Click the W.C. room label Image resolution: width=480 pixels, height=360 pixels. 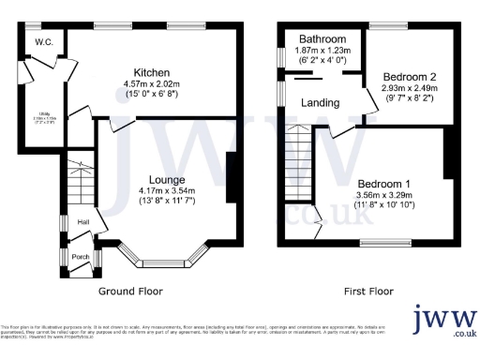(43, 42)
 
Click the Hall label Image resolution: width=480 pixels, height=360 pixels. (83, 221)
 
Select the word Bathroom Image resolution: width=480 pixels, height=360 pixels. (323, 38)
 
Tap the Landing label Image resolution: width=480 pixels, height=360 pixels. (319, 104)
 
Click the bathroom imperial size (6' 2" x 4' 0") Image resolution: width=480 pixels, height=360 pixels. (323, 60)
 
